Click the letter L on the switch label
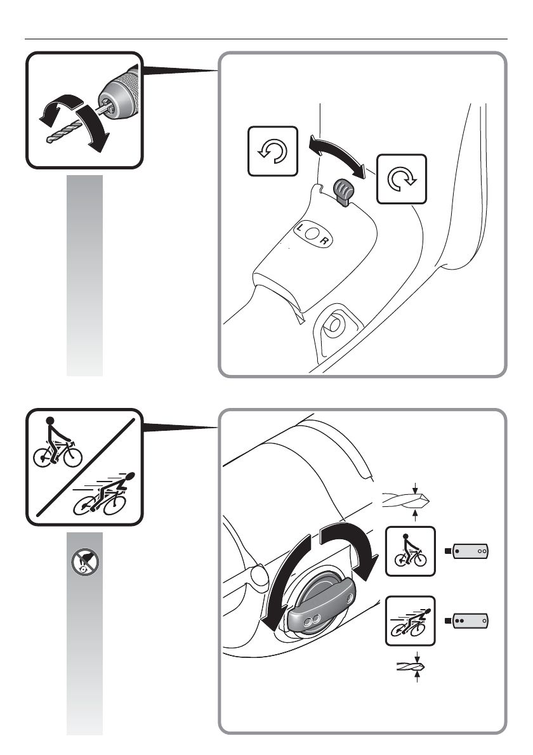[299, 226]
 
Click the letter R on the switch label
[324, 241]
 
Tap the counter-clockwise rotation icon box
[273, 152]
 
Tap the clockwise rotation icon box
[402, 178]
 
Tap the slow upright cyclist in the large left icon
[57, 444]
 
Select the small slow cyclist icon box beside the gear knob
[411, 551]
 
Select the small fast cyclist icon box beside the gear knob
[411, 621]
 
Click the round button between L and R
[312, 233]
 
